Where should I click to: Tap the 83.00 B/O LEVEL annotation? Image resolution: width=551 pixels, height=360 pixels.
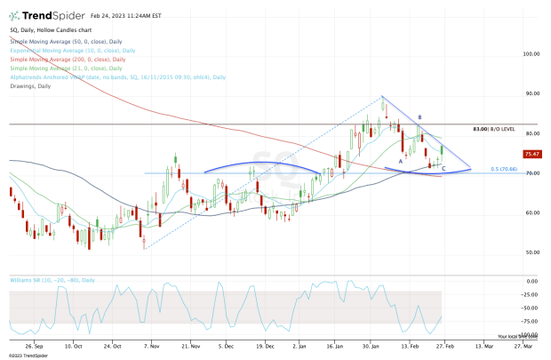pyautogui.click(x=493, y=129)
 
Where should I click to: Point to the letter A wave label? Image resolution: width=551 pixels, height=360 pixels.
pyautogui.click(x=401, y=161)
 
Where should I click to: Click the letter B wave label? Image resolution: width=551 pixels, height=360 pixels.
pyautogui.click(x=419, y=117)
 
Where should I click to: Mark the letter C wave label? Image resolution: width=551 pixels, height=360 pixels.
pyautogui.click(x=443, y=168)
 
